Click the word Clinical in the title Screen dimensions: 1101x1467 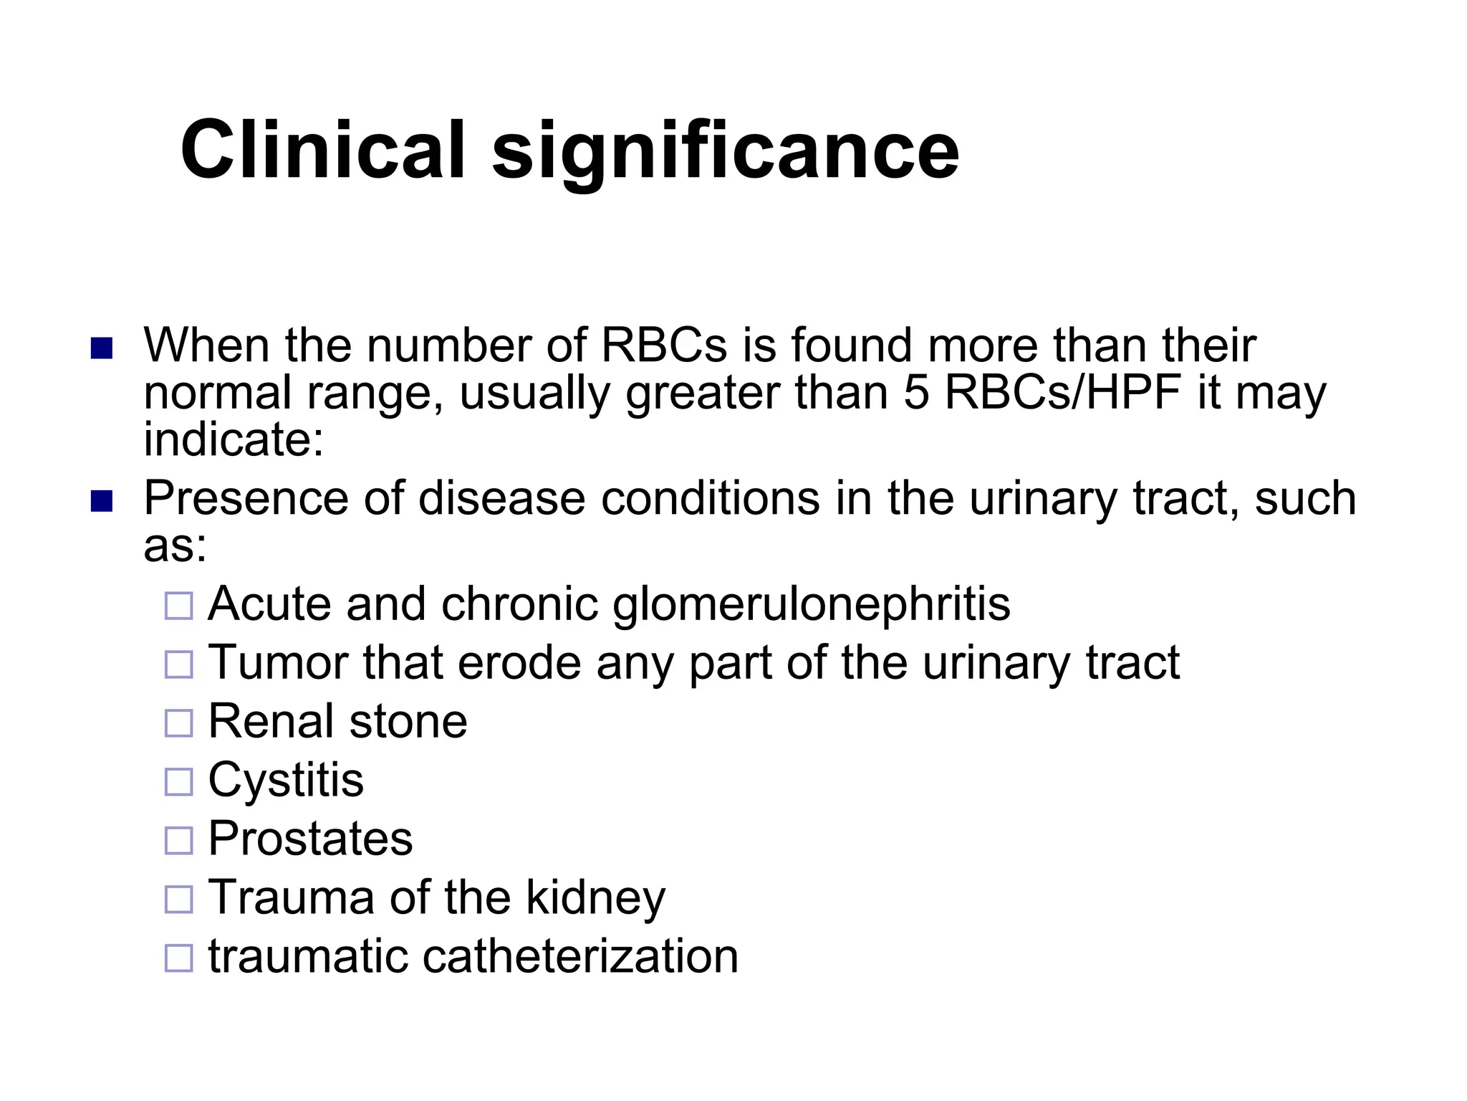tap(323, 151)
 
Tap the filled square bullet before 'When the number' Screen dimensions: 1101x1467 tap(102, 348)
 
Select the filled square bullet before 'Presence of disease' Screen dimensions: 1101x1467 tap(102, 501)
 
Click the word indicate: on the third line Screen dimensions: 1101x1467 tap(234, 439)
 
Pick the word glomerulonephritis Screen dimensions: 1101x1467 tap(811, 604)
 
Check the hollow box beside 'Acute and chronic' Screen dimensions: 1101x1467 tap(179, 606)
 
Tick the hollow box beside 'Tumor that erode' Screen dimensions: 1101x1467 tap(179, 664)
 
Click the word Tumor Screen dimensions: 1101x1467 tap(278, 662)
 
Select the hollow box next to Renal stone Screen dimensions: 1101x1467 tap(179, 723)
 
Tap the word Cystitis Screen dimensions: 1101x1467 tap(286, 780)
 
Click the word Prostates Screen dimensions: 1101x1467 tap(310, 838)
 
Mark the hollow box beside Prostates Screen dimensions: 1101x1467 tap(179, 840)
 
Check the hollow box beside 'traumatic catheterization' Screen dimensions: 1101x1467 tap(179, 958)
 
